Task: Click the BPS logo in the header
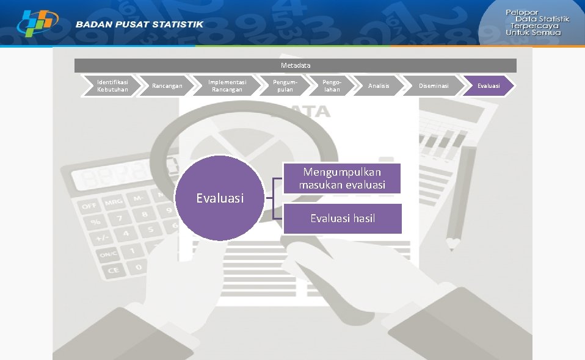click(x=37, y=23)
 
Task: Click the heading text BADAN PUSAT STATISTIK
click(x=140, y=24)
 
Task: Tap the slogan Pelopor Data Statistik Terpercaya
click(x=537, y=23)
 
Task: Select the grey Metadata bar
click(x=296, y=65)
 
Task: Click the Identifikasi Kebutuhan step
click(x=112, y=86)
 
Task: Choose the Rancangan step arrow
click(x=167, y=86)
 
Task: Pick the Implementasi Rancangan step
click(x=225, y=86)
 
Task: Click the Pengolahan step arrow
click(x=332, y=86)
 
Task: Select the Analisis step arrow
click(x=379, y=86)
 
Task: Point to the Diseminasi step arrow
click(x=434, y=86)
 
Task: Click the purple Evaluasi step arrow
click(x=489, y=86)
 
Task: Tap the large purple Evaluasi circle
click(x=220, y=198)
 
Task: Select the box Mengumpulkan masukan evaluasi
click(x=342, y=178)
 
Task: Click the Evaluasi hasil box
click(x=342, y=218)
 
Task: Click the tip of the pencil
click(x=452, y=248)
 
